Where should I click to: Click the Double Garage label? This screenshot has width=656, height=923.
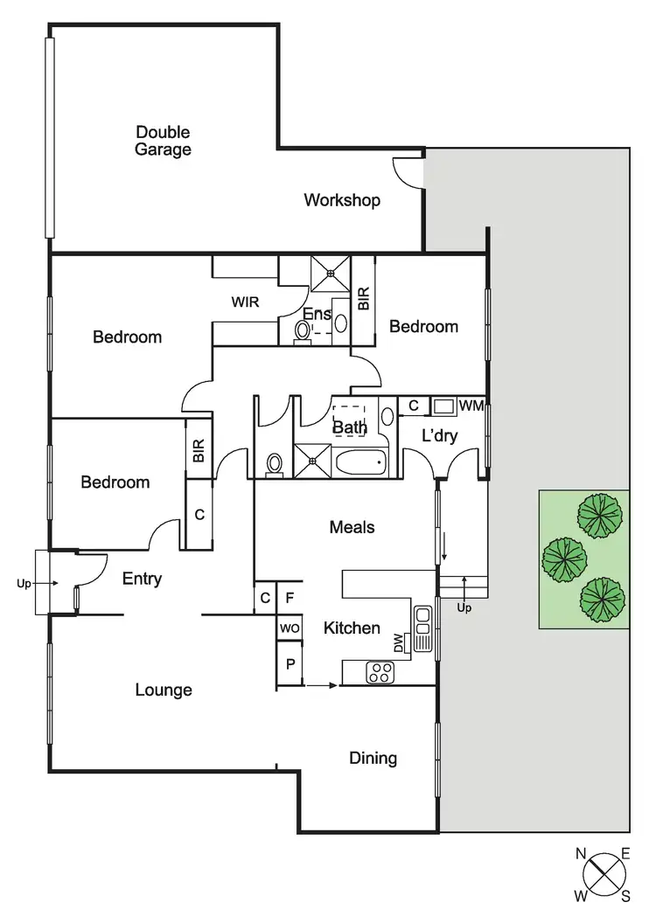[x=163, y=141]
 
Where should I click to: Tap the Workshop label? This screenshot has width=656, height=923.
[x=342, y=200]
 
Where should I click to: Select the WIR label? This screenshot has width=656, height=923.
[x=245, y=302]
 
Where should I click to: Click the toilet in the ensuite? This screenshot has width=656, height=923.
[x=302, y=331]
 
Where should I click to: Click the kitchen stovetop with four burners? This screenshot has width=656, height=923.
[x=380, y=672]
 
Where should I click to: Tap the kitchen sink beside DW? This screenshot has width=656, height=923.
[x=422, y=628]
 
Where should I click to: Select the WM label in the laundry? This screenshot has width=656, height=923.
[x=471, y=405]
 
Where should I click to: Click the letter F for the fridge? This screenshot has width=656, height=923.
[x=290, y=598]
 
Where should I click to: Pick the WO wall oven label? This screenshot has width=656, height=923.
[x=290, y=628]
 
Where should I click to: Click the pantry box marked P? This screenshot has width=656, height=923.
[x=290, y=664]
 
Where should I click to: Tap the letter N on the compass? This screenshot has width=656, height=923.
[x=581, y=854]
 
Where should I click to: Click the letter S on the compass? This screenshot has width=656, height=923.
[x=625, y=897]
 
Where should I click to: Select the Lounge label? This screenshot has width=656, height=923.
[x=164, y=690]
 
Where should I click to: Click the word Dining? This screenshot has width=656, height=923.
[x=373, y=758]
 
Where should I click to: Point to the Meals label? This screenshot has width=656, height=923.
[x=352, y=527]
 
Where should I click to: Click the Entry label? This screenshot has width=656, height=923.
[x=142, y=579]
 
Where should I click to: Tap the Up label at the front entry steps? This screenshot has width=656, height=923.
[x=24, y=583]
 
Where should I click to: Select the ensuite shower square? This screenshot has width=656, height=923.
[x=331, y=273]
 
